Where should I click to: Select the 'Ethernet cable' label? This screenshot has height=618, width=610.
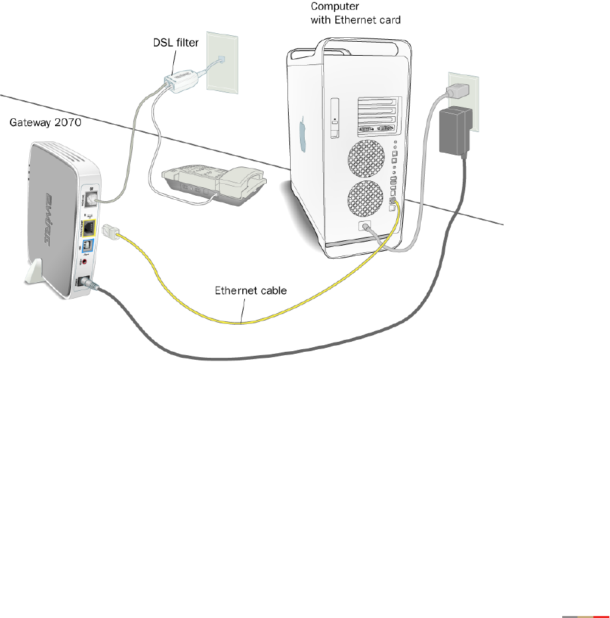[243, 290]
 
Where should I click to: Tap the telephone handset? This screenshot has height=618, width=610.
[244, 179]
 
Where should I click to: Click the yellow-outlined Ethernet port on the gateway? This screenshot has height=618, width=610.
[87, 229]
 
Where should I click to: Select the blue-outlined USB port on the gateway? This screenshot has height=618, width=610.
[86, 250]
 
